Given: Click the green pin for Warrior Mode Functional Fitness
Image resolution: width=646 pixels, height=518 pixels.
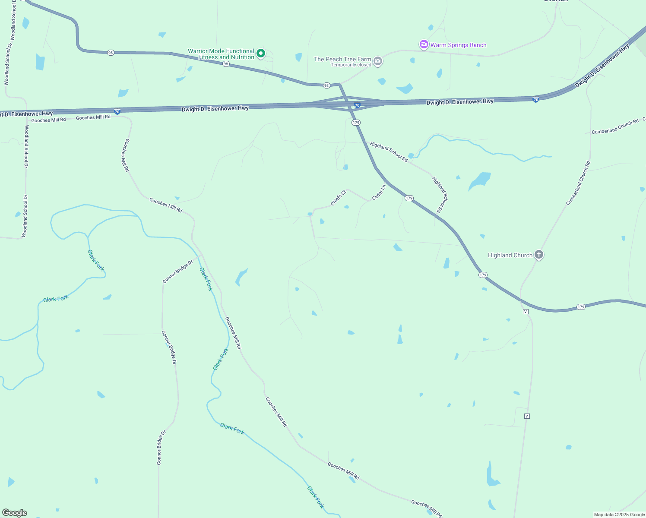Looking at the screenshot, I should [261, 53].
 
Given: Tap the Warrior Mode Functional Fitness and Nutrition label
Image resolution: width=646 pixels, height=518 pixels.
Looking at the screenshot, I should [221, 54].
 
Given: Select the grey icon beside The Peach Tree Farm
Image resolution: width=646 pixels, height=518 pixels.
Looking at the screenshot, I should [378, 61].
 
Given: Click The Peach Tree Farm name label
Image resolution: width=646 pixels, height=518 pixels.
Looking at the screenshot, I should [342, 59].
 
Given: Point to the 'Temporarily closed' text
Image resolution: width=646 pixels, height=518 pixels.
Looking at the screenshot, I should [351, 65].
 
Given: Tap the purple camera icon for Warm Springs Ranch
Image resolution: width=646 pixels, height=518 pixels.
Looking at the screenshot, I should [424, 44].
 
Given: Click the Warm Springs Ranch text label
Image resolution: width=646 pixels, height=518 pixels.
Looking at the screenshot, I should [458, 45].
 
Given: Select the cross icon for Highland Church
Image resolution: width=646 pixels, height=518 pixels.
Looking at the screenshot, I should [538, 255].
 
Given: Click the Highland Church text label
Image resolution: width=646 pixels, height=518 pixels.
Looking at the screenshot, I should [510, 255].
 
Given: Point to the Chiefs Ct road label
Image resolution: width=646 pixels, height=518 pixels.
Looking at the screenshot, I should [339, 198].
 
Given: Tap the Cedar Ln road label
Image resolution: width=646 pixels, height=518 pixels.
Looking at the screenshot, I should [379, 192].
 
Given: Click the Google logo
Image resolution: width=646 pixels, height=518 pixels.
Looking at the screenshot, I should [15, 513].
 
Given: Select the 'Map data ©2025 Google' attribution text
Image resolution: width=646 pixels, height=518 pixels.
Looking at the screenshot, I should [619, 515].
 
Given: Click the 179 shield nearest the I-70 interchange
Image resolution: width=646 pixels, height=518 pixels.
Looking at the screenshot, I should [356, 123].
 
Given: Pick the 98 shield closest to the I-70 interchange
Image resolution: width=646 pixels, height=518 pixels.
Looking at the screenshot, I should [326, 85].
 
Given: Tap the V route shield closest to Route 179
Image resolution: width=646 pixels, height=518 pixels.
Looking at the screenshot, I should [526, 312].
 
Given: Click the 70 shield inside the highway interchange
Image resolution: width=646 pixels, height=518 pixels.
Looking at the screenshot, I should [357, 105].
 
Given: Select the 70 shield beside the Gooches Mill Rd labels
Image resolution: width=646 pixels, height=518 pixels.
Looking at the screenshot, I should [117, 111].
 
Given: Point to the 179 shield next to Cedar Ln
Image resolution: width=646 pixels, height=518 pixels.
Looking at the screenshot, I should [409, 198].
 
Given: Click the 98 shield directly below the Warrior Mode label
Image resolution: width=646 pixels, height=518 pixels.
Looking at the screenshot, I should [226, 64].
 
